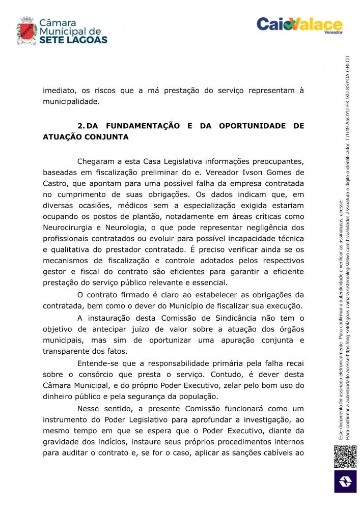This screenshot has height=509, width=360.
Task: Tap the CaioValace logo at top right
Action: (x=299, y=24)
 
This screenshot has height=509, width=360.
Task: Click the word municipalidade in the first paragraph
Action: (x=71, y=102)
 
